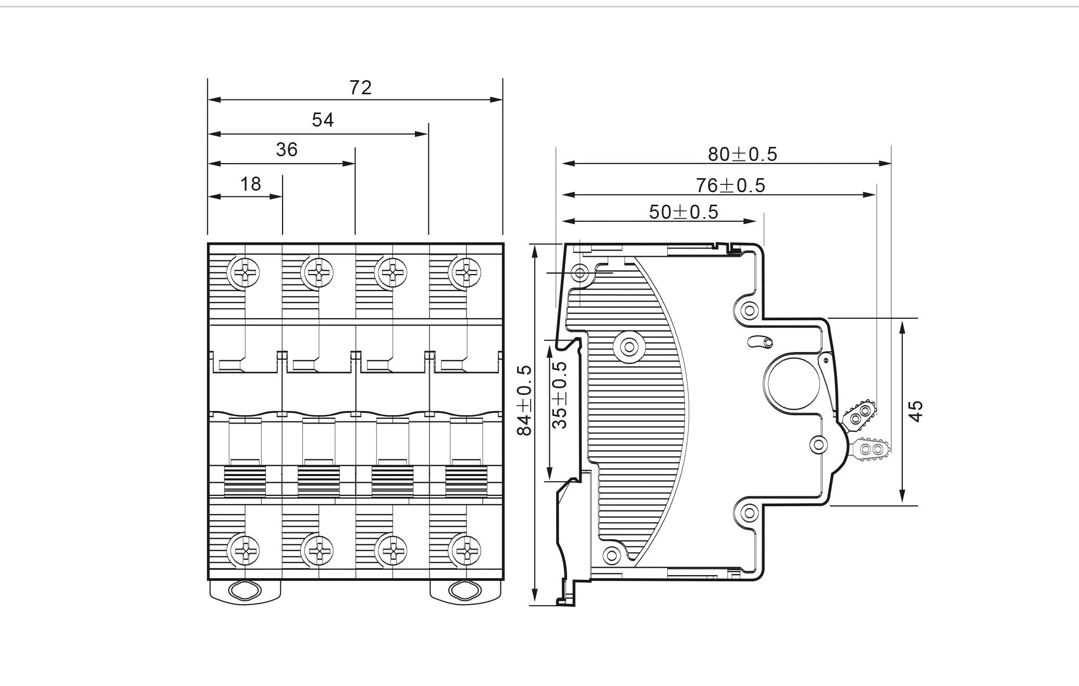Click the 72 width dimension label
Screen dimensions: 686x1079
(360, 88)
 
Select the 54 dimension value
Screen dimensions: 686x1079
(323, 120)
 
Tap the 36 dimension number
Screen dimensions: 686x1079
(286, 150)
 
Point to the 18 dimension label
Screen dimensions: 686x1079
(250, 184)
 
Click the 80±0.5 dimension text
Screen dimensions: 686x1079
(742, 154)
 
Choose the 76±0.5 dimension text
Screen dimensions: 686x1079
(730, 185)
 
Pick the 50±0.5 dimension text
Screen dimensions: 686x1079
(683, 212)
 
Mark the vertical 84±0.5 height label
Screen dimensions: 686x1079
(524, 400)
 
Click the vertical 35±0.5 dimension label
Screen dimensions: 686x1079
(560, 395)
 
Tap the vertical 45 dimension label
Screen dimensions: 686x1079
(916, 411)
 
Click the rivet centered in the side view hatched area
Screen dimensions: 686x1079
(630, 346)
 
